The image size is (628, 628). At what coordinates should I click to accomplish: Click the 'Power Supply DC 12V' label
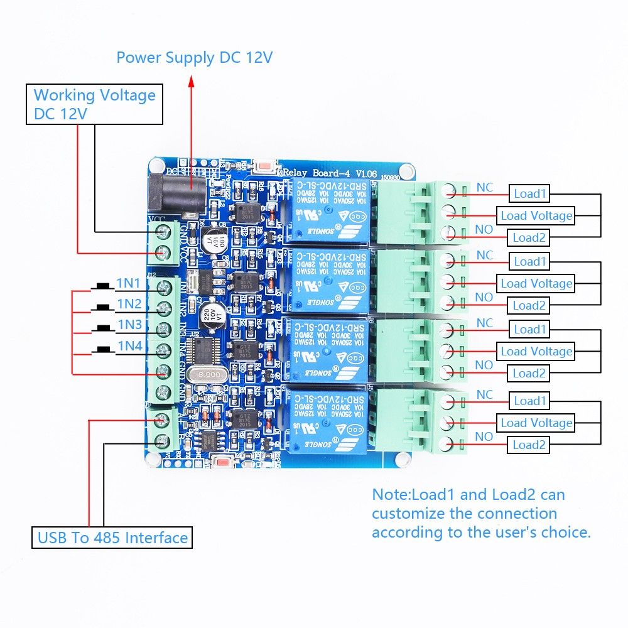pyautogui.click(x=194, y=58)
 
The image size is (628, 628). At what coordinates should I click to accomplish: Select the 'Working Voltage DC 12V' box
pyautogui.click(x=94, y=104)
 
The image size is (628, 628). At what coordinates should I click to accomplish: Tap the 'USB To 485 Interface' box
pyautogui.click(x=112, y=538)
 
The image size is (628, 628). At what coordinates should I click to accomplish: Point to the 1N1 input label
pyautogui.click(x=128, y=284)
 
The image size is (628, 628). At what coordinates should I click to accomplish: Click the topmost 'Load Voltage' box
pyautogui.click(x=536, y=215)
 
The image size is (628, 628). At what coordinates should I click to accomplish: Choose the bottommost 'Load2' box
pyautogui.click(x=529, y=445)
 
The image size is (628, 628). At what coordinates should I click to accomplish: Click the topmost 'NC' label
pyautogui.click(x=485, y=187)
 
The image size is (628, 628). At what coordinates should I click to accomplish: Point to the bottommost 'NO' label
pyautogui.click(x=484, y=436)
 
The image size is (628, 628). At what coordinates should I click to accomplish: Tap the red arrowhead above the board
pyautogui.click(x=192, y=80)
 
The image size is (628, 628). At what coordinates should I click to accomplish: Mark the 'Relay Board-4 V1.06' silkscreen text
pyautogui.click(x=321, y=172)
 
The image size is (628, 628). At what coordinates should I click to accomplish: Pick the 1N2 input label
pyautogui.click(x=129, y=304)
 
